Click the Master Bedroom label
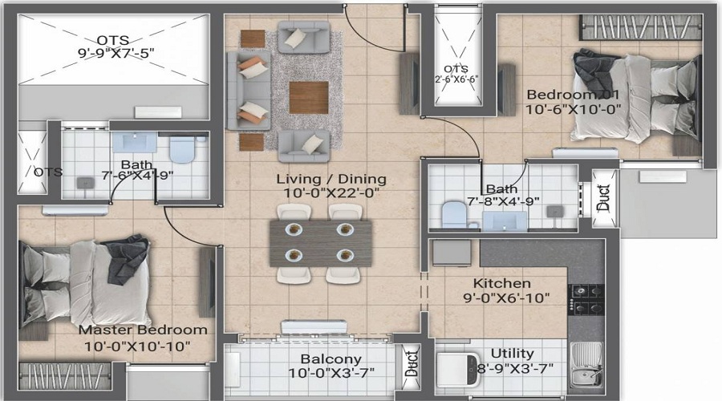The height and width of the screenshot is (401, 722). (x=143, y=330)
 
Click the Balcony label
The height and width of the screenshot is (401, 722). (x=331, y=358)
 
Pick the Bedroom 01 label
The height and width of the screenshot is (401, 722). (x=574, y=95)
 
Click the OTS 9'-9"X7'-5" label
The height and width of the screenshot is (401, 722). (x=114, y=39)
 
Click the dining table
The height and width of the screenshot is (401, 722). (x=321, y=242)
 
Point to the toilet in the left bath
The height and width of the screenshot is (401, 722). (x=184, y=150)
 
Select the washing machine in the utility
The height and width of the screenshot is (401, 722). (x=456, y=370)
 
